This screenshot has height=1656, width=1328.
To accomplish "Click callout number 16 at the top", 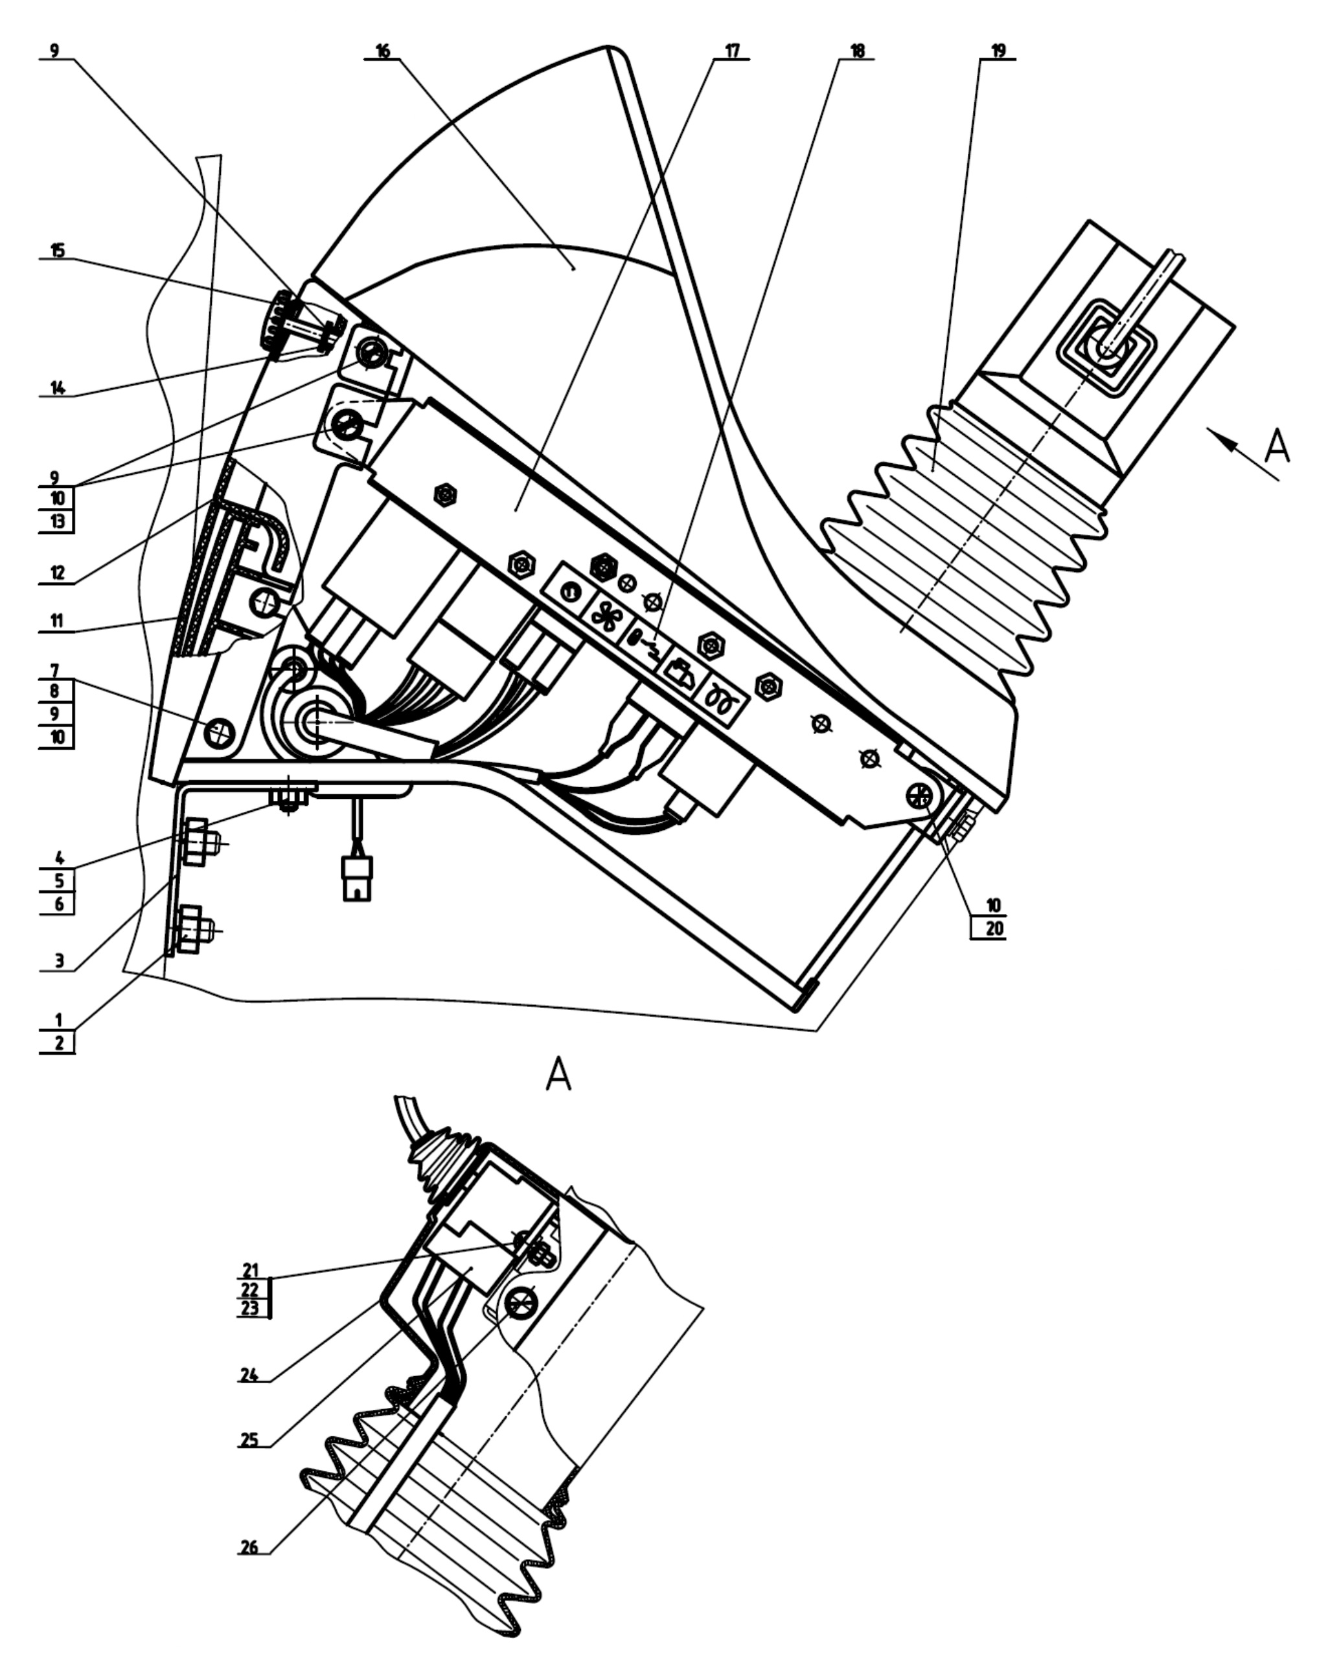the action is coord(382,51).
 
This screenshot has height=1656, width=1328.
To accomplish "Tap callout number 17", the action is coord(731,51).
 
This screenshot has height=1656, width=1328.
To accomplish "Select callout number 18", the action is coord(857,51).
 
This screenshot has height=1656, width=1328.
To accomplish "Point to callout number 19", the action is coord(998,51).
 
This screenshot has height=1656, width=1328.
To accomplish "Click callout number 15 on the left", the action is coord(58,250).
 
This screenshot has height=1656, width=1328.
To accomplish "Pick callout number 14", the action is coord(58,387).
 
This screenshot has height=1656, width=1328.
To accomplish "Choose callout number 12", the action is coord(58,573).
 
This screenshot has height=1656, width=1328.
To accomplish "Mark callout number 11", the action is coord(58,621).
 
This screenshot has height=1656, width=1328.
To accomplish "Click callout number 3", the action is coord(59,961).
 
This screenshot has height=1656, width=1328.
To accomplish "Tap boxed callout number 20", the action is coord(994,928).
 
